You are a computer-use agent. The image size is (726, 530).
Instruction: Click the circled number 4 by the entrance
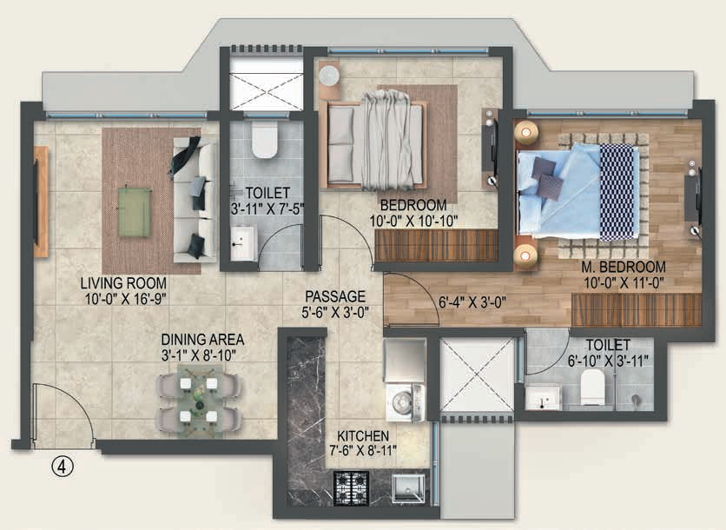[x=63, y=467]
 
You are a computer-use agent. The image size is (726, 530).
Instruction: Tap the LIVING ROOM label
[x=123, y=282]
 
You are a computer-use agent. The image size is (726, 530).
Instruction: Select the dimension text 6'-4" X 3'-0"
[x=472, y=302]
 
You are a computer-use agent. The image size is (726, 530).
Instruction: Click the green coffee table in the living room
[x=135, y=212]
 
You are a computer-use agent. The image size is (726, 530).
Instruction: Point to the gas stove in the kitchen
[x=352, y=488]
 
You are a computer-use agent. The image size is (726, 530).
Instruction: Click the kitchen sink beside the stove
[x=408, y=487]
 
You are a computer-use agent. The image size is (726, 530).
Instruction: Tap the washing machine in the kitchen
[x=406, y=402]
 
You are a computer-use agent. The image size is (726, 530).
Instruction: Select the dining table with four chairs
[x=200, y=401]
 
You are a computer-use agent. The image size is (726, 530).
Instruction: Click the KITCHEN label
[x=363, y=436]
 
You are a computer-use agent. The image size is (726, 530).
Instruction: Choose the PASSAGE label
[x=335, y=296]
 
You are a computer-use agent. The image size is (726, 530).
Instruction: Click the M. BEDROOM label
[x=624, y=267]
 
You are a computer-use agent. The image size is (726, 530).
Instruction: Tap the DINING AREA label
[x=202, y=340]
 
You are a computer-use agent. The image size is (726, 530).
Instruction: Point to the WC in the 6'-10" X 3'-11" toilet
[x=592, y=387]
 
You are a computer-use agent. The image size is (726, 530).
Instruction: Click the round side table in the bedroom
[x=329, y=76]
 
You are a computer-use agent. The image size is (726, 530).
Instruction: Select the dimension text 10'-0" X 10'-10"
[x=413, y=221]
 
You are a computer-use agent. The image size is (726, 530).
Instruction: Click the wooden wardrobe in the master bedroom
[x=637, y=309]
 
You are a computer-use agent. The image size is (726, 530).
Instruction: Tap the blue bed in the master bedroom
[x=578, y=191]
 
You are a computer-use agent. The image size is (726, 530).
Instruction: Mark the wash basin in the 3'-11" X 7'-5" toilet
[x=243, y=243]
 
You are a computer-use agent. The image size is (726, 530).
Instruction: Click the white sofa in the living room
[x=195, y=199]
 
